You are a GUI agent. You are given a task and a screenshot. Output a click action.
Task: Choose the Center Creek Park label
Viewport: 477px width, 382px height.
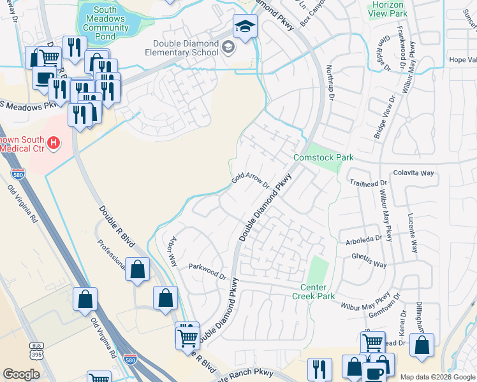(313, 292)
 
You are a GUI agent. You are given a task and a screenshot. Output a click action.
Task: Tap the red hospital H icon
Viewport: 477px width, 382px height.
(54, 143)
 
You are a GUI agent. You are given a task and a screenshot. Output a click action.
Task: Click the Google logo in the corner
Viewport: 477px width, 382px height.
(21, 374)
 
